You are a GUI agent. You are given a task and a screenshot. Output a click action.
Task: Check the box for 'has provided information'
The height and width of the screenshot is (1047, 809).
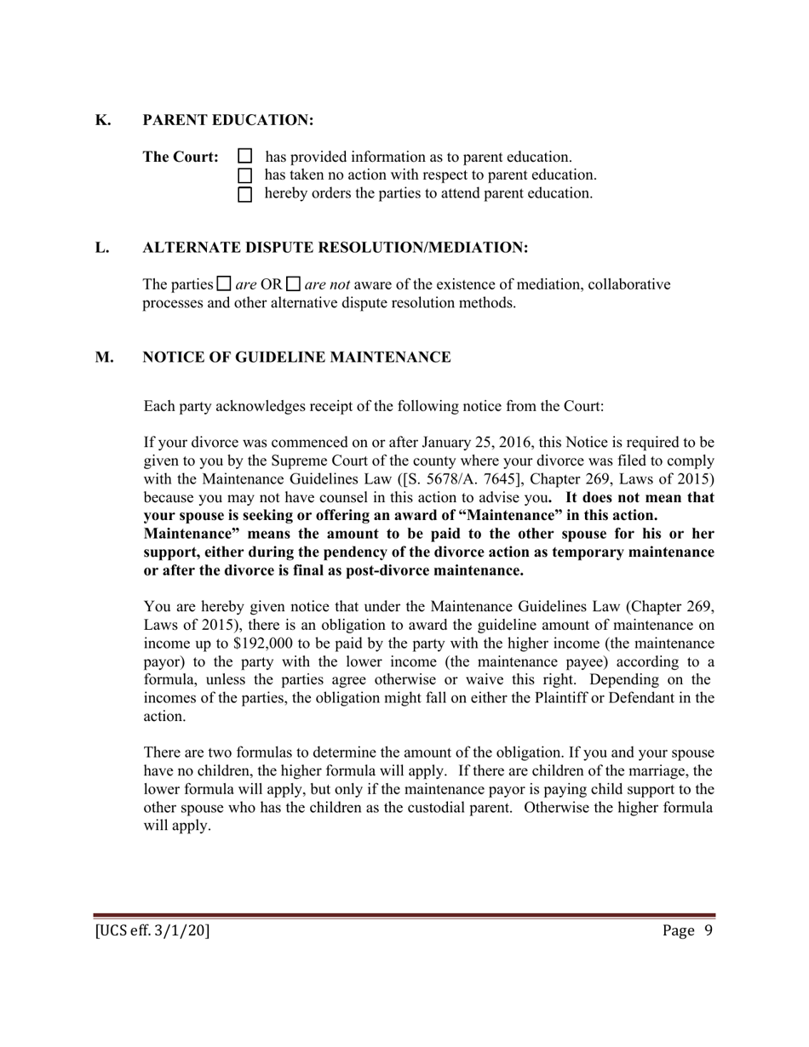coord(245,157)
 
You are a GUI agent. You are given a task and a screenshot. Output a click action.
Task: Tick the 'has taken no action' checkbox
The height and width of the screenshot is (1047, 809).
coord(245,175)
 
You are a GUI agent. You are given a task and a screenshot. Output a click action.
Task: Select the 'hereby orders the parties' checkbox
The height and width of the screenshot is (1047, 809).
coord(245,194)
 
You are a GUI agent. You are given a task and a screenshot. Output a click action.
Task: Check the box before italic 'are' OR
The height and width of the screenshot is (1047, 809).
coord(225,283)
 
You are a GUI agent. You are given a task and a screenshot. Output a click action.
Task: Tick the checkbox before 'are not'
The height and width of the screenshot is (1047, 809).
coord(294,283)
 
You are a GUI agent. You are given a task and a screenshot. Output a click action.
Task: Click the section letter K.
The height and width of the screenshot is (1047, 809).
coord(102,120)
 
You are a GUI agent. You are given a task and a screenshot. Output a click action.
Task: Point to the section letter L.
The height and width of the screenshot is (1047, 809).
coord(102,248)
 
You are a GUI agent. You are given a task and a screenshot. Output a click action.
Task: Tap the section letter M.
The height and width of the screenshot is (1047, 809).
coord(104,358)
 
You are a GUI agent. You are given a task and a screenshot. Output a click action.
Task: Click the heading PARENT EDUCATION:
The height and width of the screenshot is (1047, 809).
coord(228,120)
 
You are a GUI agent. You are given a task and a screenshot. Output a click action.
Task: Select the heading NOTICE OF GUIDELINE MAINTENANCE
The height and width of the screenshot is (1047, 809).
coord(296,358)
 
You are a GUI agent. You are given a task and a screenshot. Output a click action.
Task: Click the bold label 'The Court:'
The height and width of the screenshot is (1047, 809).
coord(181,157)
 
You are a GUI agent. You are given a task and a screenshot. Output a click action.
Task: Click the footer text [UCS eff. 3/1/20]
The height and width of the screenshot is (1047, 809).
coord(152,930)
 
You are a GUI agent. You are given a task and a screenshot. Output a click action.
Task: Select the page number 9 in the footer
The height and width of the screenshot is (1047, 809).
coord(708,930)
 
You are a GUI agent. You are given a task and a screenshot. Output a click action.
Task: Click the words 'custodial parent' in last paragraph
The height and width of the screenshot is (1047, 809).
coord(462,808)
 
